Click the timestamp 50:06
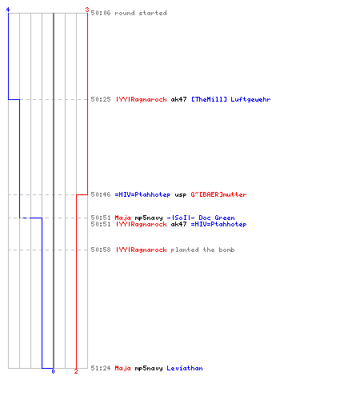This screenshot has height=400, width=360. point(101,13)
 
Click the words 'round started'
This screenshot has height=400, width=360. point(141,13)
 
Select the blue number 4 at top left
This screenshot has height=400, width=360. point(8,10)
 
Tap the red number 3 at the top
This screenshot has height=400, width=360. point(87,10)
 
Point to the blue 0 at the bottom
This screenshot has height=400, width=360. point(53,371)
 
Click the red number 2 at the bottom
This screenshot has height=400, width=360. point(76,371)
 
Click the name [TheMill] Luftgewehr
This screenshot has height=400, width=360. point(231,99)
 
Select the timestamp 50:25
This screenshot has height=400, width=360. point(101,99)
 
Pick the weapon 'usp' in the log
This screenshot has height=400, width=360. point(181,195)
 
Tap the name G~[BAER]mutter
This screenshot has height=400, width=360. point(218,194)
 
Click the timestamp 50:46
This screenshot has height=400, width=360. point(101,194)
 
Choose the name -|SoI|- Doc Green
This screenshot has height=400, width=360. point(201,218)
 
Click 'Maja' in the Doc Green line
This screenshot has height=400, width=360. point(122,218)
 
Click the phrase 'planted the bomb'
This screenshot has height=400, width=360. point(202,250)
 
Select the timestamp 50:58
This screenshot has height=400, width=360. point(101,250)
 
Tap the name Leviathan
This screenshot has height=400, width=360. point(185,368)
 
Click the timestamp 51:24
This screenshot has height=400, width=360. point(101,368)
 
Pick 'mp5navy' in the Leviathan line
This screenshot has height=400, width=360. point(149,369)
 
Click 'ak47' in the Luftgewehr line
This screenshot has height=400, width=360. point(178,99)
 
